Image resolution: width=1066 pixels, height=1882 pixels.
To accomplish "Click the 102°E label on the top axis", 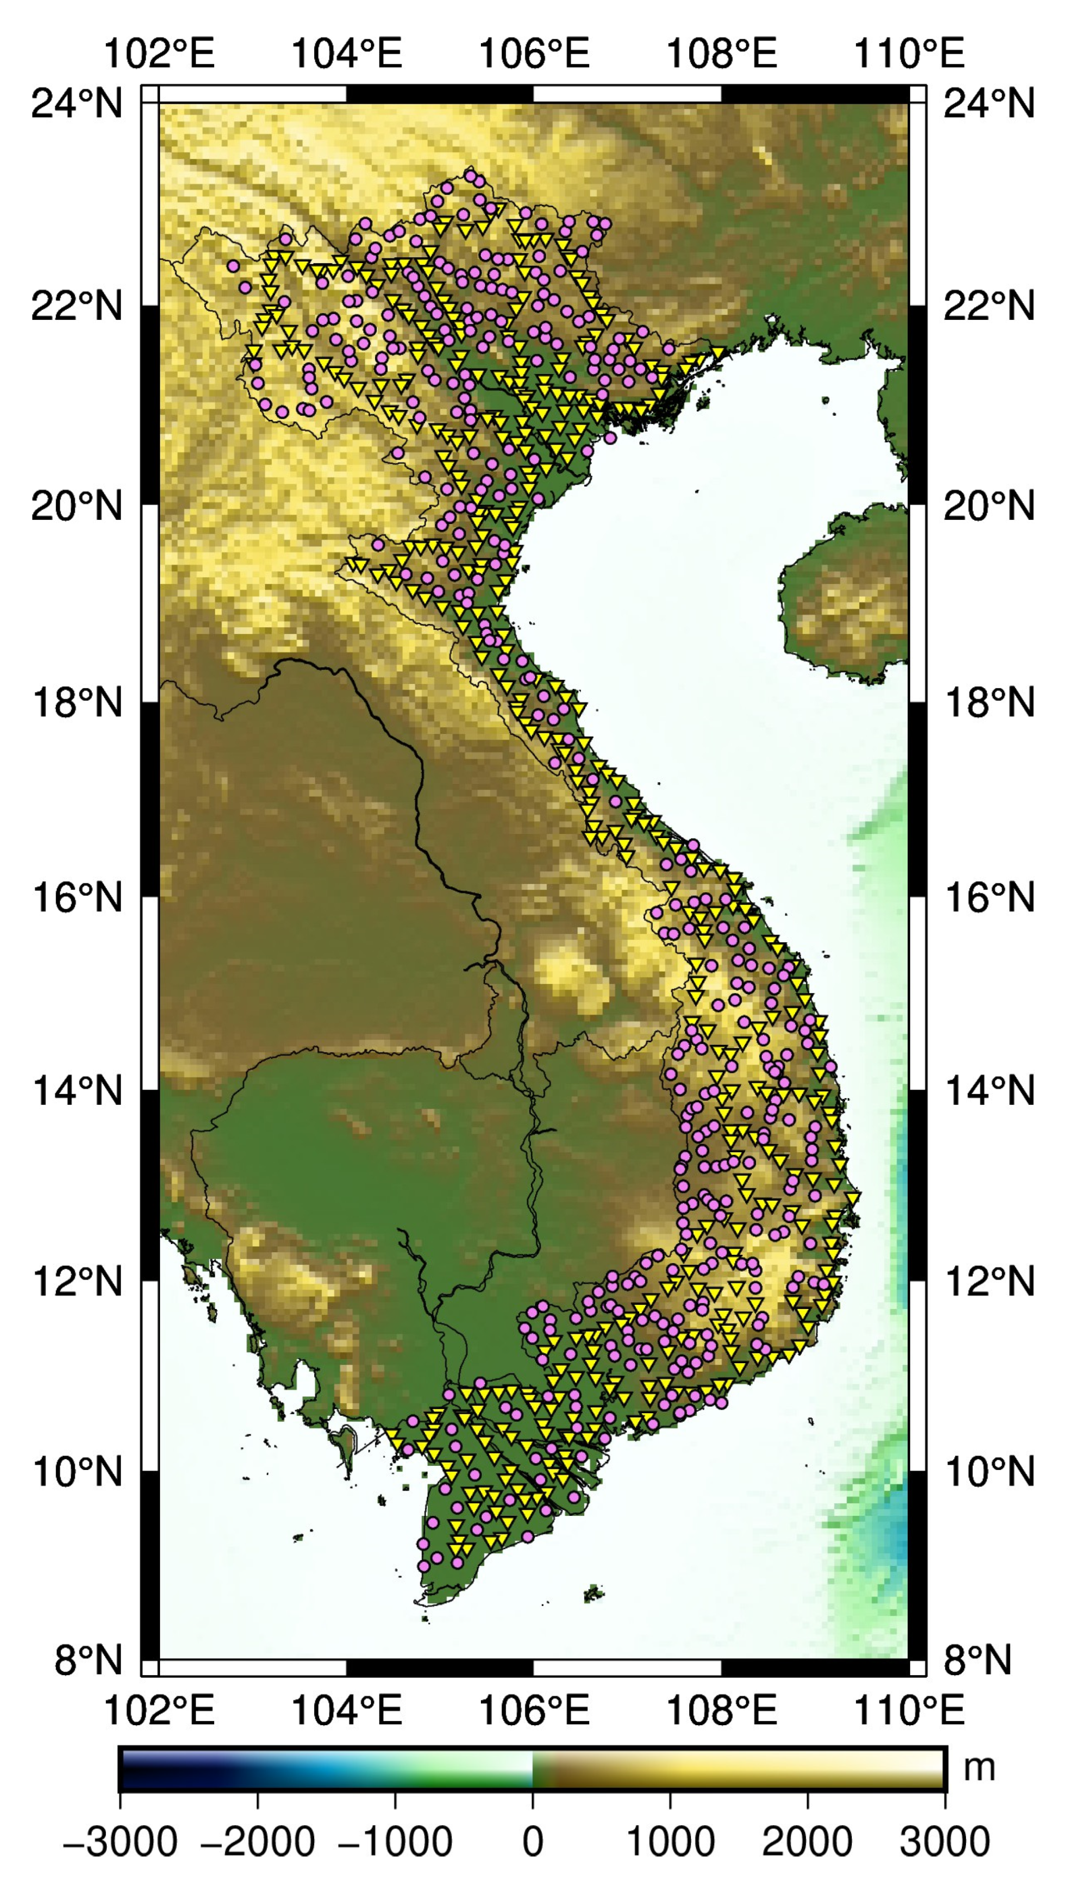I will coord(159,54).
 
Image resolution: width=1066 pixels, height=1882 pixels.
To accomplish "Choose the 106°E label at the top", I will coord(534,54).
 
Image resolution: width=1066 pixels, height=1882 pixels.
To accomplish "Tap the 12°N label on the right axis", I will coord(989,1281).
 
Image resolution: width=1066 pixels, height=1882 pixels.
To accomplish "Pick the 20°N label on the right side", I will coord(989,505).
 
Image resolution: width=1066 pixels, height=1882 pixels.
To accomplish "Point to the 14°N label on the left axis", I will coord(76,1091).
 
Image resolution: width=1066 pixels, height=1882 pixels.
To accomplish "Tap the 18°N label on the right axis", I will coord(989,703).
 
